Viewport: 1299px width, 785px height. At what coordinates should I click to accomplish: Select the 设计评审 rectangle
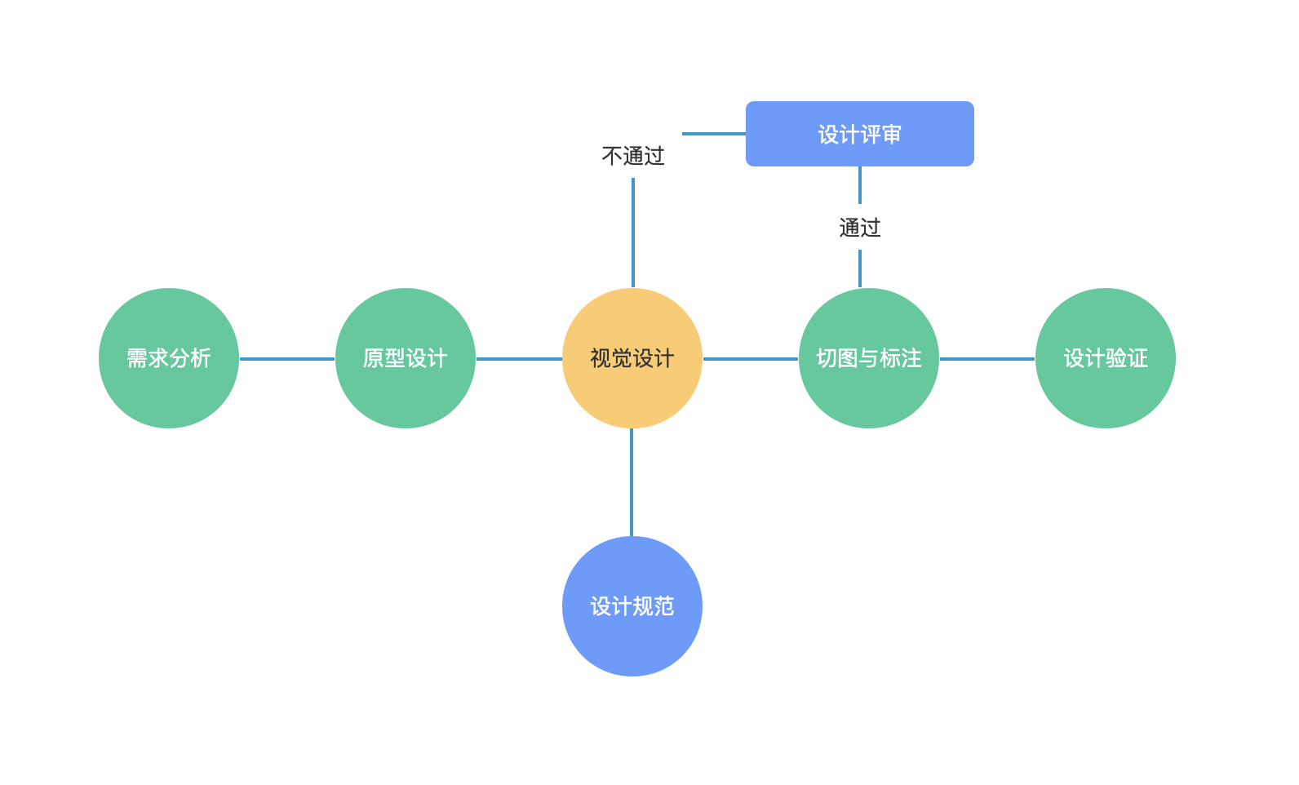[860, 134]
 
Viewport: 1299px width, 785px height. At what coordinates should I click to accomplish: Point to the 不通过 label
[633, 156]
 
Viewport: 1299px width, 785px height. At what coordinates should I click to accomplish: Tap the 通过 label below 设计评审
[860, 228]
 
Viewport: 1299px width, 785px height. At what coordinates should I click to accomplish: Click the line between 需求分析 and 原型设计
[287, 358]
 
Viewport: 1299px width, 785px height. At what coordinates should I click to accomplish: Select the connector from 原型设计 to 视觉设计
[519, 358]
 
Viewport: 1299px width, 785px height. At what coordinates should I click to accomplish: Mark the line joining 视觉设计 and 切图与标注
[751, 358]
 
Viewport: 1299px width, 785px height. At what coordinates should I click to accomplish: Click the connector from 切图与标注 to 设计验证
[987, 358]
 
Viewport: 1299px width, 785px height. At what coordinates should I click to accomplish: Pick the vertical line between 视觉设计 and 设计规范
[632, 482]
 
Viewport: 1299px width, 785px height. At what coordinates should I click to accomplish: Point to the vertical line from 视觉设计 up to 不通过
[633, 233]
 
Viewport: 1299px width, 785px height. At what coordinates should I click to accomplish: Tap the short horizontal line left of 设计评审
[714, 134]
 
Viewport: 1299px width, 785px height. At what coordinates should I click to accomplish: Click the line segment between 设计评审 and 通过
[860, 185]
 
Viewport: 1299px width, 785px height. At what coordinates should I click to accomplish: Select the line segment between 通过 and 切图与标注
[860, 268]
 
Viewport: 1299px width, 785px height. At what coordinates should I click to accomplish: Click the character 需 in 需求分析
[137, 358]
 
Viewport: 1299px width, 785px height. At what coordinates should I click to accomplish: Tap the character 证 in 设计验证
[1137, 358]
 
